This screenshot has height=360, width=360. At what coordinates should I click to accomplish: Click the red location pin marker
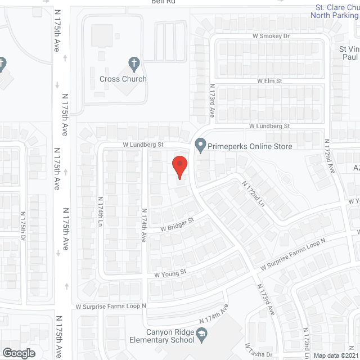point(179,166)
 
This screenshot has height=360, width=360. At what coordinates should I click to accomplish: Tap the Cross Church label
point(123,79)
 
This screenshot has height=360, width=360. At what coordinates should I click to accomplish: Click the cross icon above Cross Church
point(133,62)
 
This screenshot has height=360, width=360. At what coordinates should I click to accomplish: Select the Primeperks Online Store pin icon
point(200,146)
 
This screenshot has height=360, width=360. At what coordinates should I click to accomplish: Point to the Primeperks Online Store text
point(250,146)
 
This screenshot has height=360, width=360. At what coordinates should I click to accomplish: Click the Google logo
point(19,353)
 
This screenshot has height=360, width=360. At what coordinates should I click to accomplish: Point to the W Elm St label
point(269,81)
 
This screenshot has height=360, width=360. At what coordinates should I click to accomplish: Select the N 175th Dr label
point(23,227)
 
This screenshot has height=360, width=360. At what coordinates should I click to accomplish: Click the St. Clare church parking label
point(335,11)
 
